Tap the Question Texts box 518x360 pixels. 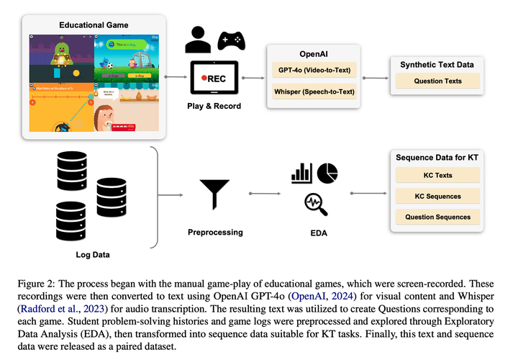(437, 81)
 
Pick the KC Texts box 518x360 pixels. (437, 175)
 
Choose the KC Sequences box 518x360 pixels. (437, 196)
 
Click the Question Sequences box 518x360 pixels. (437, 217)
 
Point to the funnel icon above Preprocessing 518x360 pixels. (214, 193)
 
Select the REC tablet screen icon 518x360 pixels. (214, 78)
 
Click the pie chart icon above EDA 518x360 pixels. (327, 173)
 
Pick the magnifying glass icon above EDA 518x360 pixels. (316, 204)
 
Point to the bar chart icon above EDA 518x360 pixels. (301, 174)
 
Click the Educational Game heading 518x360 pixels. (94, 26)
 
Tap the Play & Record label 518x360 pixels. (214, 106)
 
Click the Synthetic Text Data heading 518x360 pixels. (437, 65)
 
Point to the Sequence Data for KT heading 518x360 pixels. (437, 157)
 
